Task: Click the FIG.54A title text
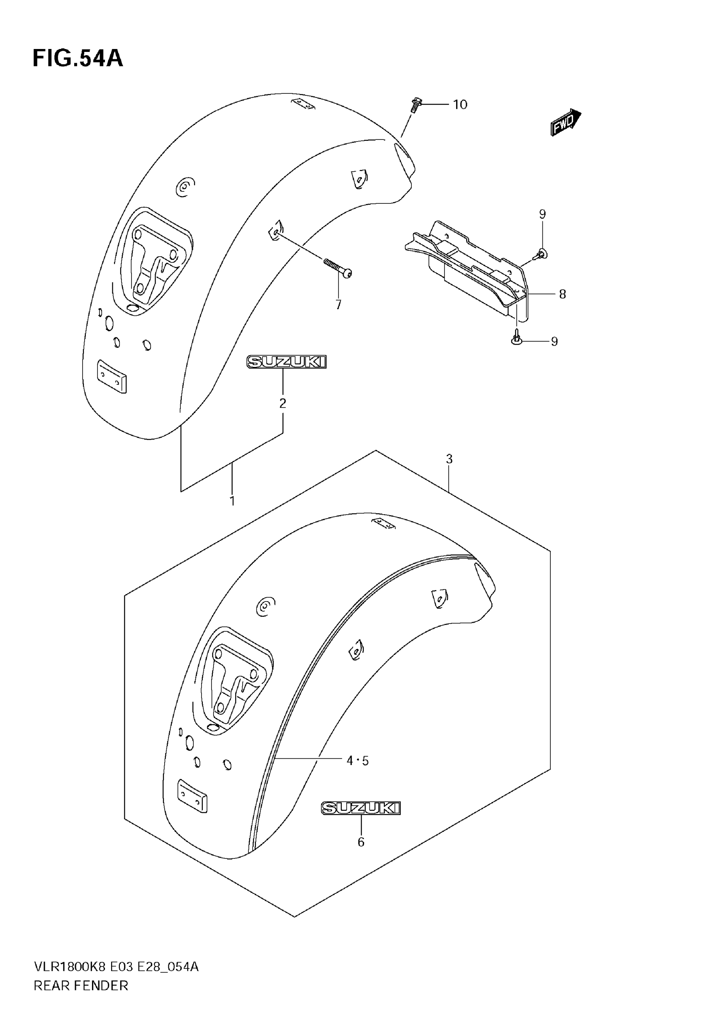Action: pyautogui.click(x=78, y=59)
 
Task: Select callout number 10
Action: pyautogui.click(x=460, y=105)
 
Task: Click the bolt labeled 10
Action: pyautogui.click(x=415, y=105)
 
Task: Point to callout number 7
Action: pyautogui.click(x=338, y=305)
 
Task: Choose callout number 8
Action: pyautogui.click(x=562, y=294)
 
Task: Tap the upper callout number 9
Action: pyautogui.click(x=542, y=214)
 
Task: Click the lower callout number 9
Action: pyautogui.click(x=554, y=341)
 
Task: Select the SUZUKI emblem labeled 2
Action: pyautogui.click(x=286, y=362)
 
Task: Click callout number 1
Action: pyautogui.click(x=232, y=501)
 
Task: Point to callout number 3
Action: pyautogui.click(x=449, y=459)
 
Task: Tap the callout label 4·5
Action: pyautogui.click(x=357, y=761)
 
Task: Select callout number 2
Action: pyautogui.click(x=283, y=403)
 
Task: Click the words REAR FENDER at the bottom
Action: pyautogui.click(x=81, y=986)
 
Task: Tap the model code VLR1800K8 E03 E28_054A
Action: pyautogui.click(x=116, y=967)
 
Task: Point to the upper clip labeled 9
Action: pyautogui.click(x=542, y=254)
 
